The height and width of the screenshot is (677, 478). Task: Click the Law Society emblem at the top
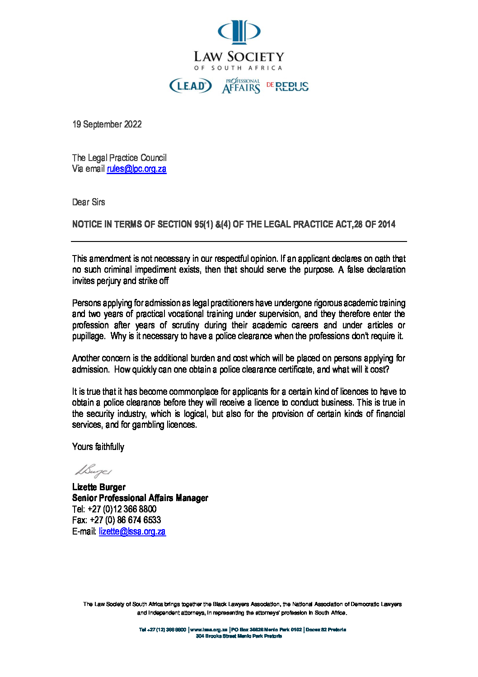coord(239,32)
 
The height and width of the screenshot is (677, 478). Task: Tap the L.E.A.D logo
coord(190,86)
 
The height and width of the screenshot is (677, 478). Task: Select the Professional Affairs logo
coord(241,86)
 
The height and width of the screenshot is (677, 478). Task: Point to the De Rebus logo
coord(288,86)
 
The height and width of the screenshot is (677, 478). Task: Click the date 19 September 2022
coord(107,124)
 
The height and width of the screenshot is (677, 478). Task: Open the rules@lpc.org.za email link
coord(136,169)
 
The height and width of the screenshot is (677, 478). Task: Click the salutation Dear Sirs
coord(89,202)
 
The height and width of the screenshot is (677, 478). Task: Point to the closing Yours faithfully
coord(98,447)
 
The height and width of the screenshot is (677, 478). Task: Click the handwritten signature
coord(93,471)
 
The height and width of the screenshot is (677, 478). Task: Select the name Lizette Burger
coord(99,487)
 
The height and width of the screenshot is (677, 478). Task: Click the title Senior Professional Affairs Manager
coord(140,498)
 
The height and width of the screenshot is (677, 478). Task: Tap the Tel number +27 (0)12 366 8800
coord(122,509)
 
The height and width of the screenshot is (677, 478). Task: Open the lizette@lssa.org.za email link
coord(132,531)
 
